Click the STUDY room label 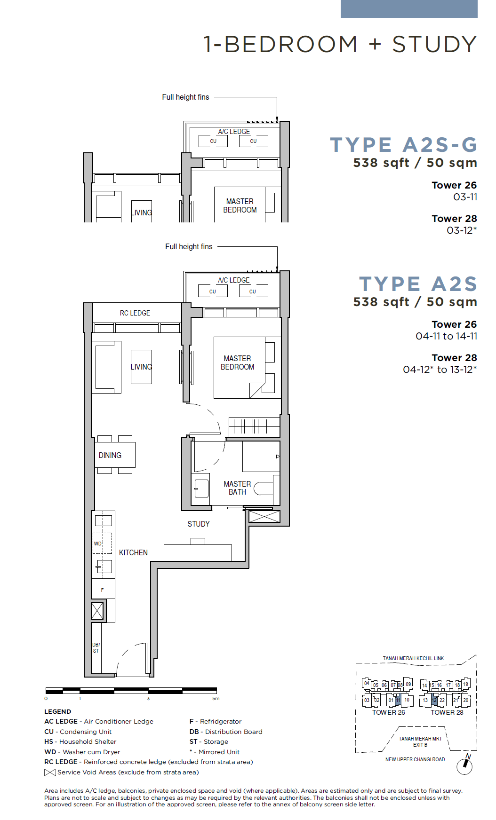[x=199, y=524]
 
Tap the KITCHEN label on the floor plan [x=133, y=552]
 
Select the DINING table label [x=110, y=455]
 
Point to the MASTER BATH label [x=237, y=488]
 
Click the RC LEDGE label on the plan [x=135, y=313]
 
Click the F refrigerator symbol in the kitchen [x=103, y=590]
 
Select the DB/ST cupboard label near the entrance [x=96, y=647]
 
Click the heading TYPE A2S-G [x=403, y=145]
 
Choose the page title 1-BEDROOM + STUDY [x=340, y=44]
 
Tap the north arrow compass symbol [x=465, y=765]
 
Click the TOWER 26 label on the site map [x=389, y=712]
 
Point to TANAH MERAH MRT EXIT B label [x=420, y=741]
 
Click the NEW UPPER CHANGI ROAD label [x=415, y=759]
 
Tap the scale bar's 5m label [x=216, y=699]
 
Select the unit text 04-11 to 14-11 [x=447, y=336]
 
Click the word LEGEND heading [x=58, y=711]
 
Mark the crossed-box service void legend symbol [x=50, y=772]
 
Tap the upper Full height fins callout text [x=185, y=97]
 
